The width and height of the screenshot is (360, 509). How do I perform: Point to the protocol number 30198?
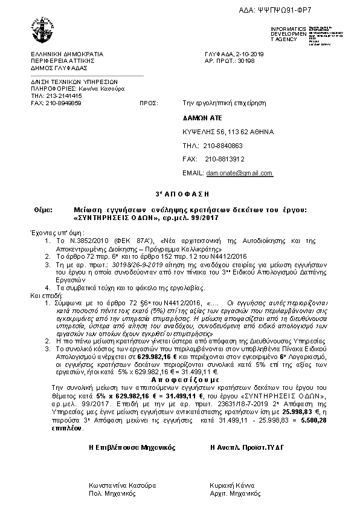click(x=246, y=61)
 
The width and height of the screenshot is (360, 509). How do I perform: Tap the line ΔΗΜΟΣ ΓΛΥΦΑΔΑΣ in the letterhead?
click(x=56, y=68)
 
